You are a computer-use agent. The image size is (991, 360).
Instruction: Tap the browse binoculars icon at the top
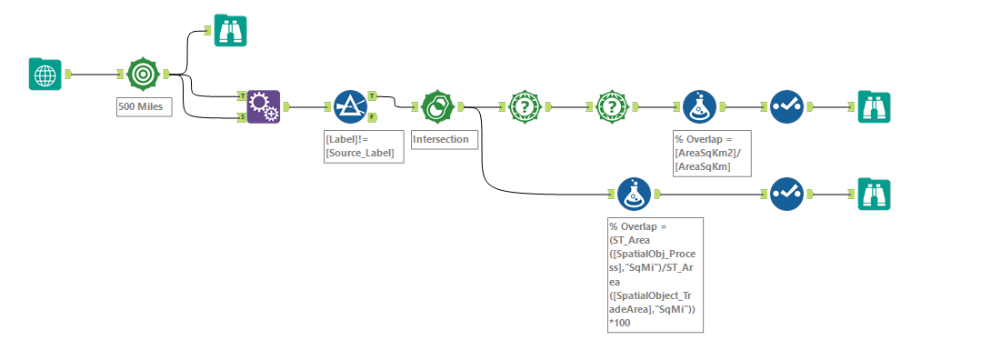pyautogui.click(x=230, y=30)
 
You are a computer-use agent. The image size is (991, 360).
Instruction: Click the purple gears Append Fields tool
pyautogui.click(x=264, y=106)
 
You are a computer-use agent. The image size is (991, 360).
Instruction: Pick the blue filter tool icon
pyautogui.click(x=349, y=106)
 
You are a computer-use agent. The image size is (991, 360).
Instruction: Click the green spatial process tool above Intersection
pyautogui.click(x=437, y=106)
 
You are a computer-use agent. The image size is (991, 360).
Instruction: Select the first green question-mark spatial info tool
pyautogui.click(x=526, y=106)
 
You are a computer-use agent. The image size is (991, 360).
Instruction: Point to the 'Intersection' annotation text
pyautogui.click(x=441, y=140)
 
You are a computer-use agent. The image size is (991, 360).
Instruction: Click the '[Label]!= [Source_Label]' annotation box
pyautogui.click(x=359, y=146)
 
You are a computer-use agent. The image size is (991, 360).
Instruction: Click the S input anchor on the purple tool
pyautogui.click(x=241, y=116)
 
